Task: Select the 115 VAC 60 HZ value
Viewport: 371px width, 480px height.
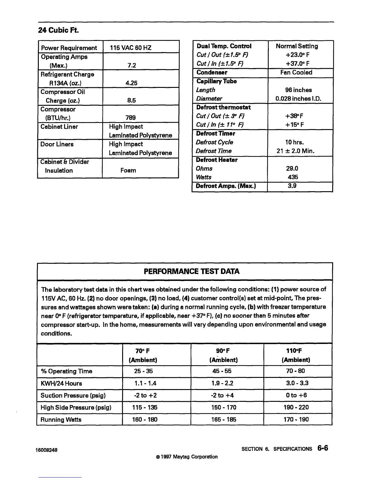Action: (x=131, y=48)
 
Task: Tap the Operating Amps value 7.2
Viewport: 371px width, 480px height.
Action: (x=132, y=65)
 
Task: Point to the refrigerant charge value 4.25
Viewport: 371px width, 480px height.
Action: (x=132, y=83)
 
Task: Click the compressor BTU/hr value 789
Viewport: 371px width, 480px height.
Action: (x=131, y=118)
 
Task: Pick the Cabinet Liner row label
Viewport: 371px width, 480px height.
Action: (x=59, y=127)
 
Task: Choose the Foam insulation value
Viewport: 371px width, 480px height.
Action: (x=128, y=170)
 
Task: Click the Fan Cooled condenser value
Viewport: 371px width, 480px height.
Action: (x=296, y=72)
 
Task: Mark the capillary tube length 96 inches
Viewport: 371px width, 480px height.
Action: (x=298, y=90)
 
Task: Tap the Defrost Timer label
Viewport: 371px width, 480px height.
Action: (x=216, y=133)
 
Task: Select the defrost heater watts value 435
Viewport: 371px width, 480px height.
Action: (x=293, y=177)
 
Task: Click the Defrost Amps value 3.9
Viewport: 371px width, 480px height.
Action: (x=292, y=186)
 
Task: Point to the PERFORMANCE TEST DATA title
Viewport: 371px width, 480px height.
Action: (x=192, y=271)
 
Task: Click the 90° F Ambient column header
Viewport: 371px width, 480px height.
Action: (x=223, y=355)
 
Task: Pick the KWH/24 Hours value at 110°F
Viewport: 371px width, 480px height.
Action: (x=297, y=383)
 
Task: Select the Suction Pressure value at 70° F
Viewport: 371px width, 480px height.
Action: (x=145, y=395)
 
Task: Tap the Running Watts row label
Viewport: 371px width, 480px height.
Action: (x=61, y=419)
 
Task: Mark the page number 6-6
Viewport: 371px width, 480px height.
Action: (x=323, y=448)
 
